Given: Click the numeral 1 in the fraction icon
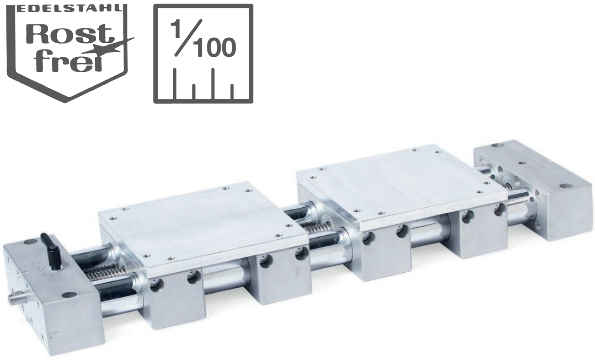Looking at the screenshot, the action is (x=176, y=29).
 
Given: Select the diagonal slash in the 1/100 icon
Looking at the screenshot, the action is (x=188, y=38).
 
